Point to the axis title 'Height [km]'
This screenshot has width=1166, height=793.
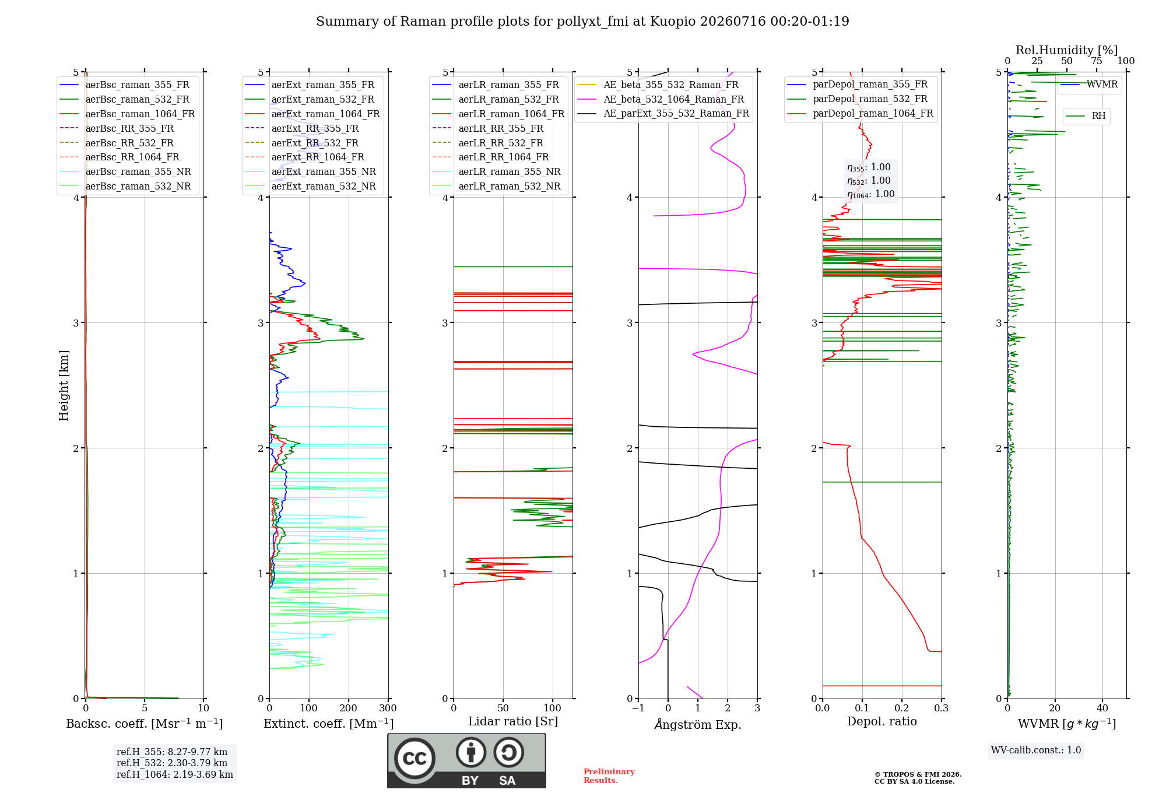pos(64,385)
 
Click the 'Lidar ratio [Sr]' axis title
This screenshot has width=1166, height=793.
pos(513,721)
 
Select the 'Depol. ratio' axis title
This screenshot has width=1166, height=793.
pos(881,721)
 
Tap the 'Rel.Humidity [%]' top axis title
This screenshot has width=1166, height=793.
pos(1066,50)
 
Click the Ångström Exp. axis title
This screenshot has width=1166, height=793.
pos(698,724)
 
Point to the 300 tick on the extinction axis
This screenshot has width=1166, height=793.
pos(388,708)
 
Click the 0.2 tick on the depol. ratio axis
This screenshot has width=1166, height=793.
pos(902,708)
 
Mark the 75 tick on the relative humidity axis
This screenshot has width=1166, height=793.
pos(1097,61)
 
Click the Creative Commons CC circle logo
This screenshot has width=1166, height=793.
pos(415,759)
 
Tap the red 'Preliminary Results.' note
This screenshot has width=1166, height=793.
pos(609,776)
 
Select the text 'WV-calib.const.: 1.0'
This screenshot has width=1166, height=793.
pos(1036,750)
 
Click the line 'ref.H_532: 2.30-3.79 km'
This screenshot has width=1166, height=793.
pos(172,763)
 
